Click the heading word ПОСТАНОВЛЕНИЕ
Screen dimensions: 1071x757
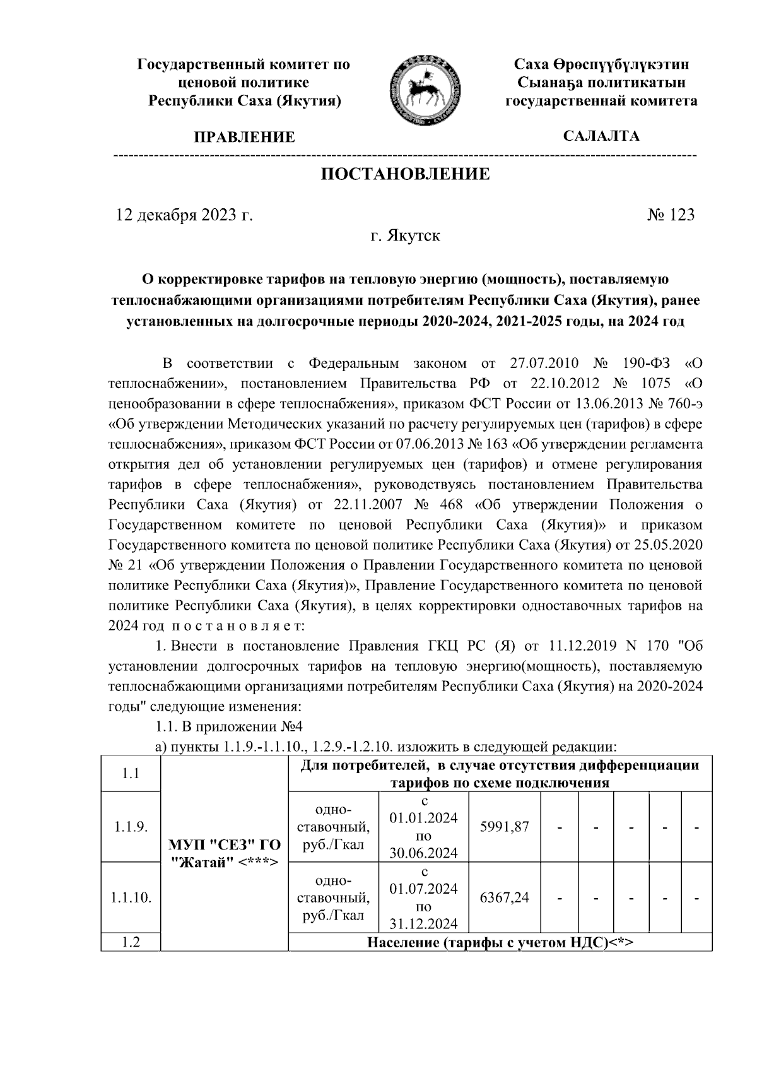click(x=405, y=174)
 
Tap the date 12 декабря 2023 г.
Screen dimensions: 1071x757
click(x=184, y=215)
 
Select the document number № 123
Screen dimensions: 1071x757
click(x=671, y=215)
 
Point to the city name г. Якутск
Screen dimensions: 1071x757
click(x=405, y=236)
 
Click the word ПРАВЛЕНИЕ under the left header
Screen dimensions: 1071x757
click(x=244, y=137)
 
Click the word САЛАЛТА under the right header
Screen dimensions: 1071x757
click(x=601, y=136)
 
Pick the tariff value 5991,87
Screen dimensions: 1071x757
click(x=504, y=827)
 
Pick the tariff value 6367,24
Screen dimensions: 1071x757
click(x=504, y=897)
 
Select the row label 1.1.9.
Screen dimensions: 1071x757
click(x=131, y=827)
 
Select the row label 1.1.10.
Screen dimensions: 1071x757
click(x=131, y=897)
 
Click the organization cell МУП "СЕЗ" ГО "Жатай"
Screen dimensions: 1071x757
click(x=225, y=853)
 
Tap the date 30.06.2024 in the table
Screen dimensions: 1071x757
click(x=423, y=853)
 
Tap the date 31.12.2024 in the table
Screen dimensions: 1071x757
click(x=423, y=924)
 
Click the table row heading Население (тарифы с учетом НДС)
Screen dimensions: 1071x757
click(x=500, y=943)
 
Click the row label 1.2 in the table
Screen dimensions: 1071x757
click(x=131, y=943)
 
